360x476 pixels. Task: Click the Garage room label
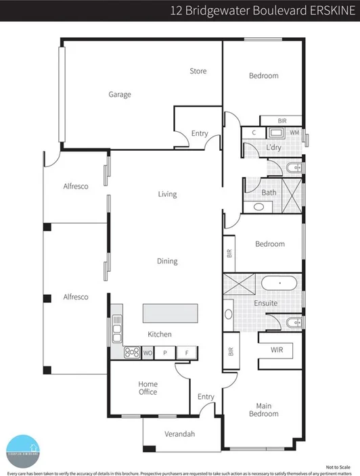[120, 95]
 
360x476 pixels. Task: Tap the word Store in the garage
[198, 71]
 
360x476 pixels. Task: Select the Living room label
[167, 194]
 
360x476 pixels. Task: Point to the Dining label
[167, 261]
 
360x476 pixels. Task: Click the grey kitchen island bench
[170, 314]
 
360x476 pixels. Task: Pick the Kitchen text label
[160, 334]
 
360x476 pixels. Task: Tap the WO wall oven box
[148, 352]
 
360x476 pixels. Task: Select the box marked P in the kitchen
[165, 352]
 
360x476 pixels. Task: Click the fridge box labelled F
[186, 352]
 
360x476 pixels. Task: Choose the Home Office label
[148, 387]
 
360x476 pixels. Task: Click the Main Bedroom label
[264, 410]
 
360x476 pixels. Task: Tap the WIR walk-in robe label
[277, 350]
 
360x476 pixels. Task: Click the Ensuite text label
[266, 303]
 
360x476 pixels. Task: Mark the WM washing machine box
[294, 133]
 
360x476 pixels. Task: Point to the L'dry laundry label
[274, 147]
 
